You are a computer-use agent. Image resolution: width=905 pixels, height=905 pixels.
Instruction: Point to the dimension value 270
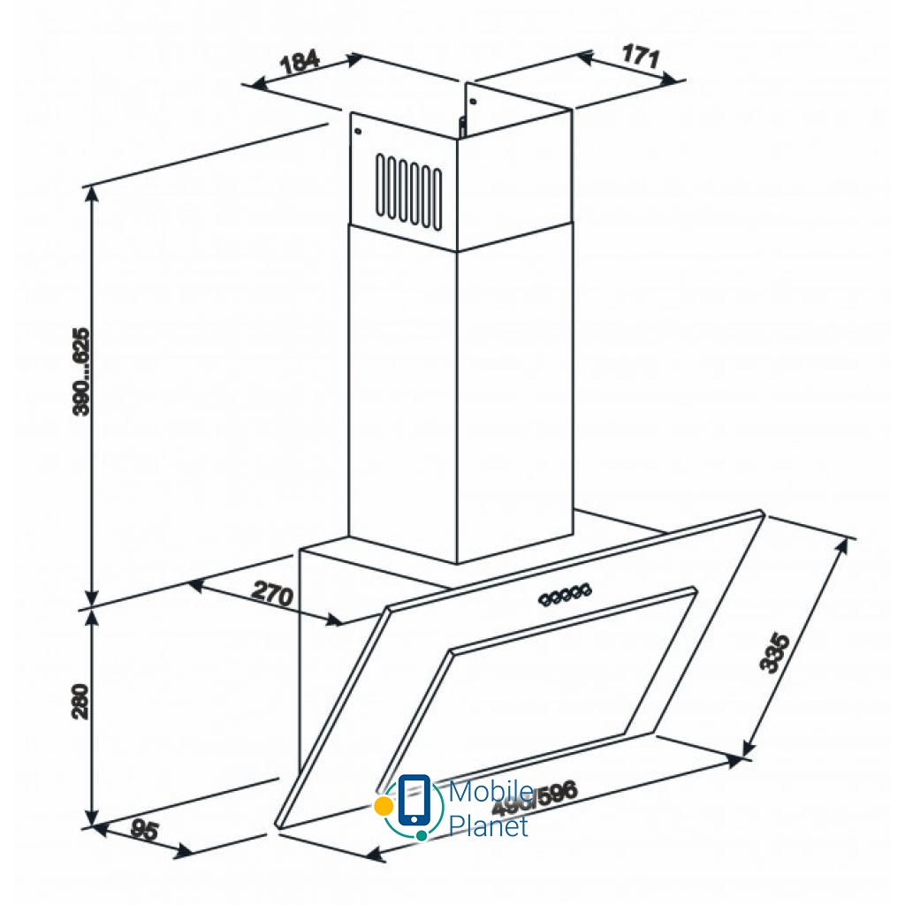coord(272,594)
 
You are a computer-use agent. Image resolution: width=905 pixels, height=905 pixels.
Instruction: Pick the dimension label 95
coord(144,830)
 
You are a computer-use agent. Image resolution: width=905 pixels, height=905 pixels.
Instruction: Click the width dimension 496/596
coord(534,798)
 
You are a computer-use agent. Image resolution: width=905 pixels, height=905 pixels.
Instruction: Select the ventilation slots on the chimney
coord(408,186)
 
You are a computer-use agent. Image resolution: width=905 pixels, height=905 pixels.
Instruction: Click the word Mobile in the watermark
coord(490,792)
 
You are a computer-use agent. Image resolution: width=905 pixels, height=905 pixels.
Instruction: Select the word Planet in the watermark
coord(489,826)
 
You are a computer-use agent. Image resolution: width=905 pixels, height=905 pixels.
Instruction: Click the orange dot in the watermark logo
coord(383,805)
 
